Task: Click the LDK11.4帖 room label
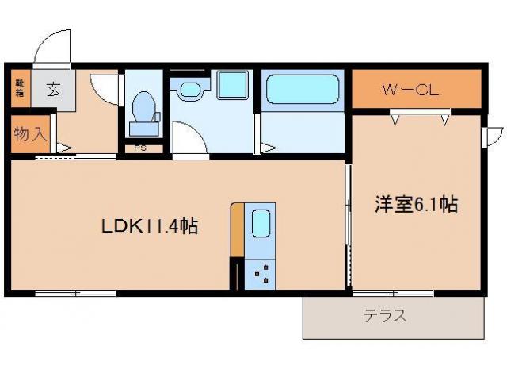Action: (x=148, y=226)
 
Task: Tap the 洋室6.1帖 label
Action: (x=415, y=205)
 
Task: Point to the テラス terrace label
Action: (x=385, y=316)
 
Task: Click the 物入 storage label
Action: (x=29, y=133)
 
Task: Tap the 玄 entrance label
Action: (x=52, y=89)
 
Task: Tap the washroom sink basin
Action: (x=190, y=89)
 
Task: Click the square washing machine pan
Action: (x=233, y=84)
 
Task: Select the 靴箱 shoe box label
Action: (x=18, y=87)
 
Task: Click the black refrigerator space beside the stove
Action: (x=234, y=275)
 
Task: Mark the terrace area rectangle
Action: (x=393, y=318)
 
